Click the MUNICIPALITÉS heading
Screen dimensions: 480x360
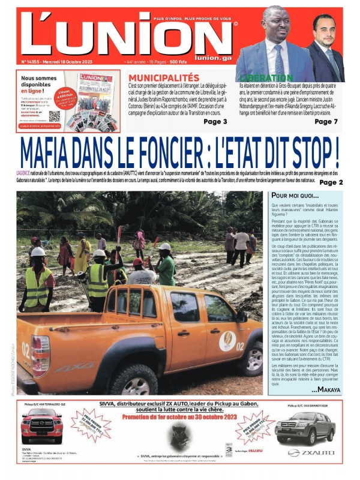[163, 78]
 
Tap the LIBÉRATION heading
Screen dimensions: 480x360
[267, 78]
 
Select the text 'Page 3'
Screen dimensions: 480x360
[215, 122]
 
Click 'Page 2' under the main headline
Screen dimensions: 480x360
[331, 182]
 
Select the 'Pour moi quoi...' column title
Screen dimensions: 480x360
[294, 196]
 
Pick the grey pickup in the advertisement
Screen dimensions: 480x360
[304, 427]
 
